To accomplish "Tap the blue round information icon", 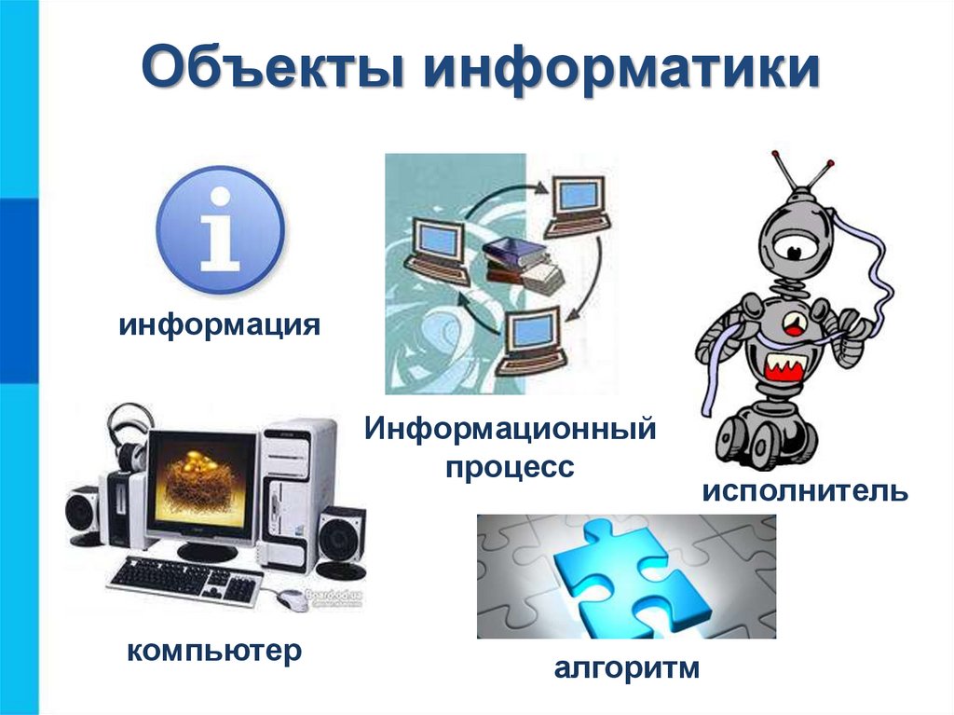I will pos(220,230).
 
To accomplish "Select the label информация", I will pos(220,327).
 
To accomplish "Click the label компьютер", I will pos(215,650).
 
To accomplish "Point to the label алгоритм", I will pos(626,668).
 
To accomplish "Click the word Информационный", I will pos(511,431).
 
